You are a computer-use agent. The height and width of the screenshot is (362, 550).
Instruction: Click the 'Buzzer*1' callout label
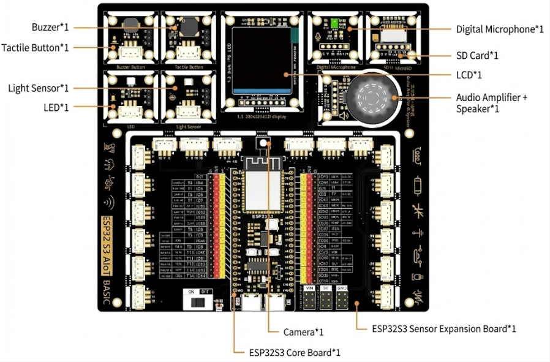coord(50,28)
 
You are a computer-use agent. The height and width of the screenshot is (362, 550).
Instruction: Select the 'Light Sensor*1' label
coord(39,88)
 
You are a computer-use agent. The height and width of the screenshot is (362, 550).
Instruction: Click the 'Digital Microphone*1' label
coord(500,29)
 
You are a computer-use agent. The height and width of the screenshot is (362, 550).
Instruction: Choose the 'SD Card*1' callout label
coord(477,56)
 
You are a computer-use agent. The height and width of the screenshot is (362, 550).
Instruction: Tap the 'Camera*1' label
coord(303,332)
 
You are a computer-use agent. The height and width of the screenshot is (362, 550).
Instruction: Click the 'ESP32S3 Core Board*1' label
coord(295,352)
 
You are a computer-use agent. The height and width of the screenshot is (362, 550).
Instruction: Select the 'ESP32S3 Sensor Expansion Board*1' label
coord(444,328)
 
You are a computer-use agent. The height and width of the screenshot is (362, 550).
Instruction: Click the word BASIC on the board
coord(107,292)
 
